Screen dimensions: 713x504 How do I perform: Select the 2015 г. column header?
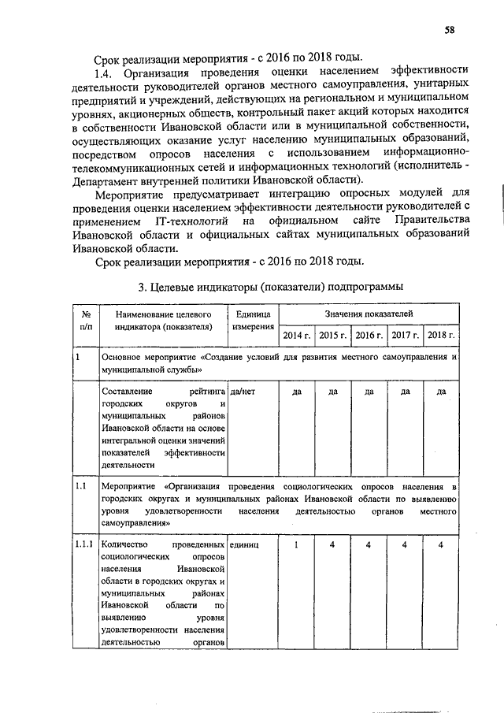333,336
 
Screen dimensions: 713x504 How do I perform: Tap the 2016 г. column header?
369,336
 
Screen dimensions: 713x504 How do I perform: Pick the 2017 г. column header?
406,336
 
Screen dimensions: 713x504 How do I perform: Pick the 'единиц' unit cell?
243,544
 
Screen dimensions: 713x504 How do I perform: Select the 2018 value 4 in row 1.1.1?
441,544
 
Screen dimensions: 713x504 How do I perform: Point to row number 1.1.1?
84,544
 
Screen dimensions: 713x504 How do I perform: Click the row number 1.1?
81,487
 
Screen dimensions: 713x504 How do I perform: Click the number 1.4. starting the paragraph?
106,70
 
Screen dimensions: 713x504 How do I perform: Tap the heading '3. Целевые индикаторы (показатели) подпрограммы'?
270,286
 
